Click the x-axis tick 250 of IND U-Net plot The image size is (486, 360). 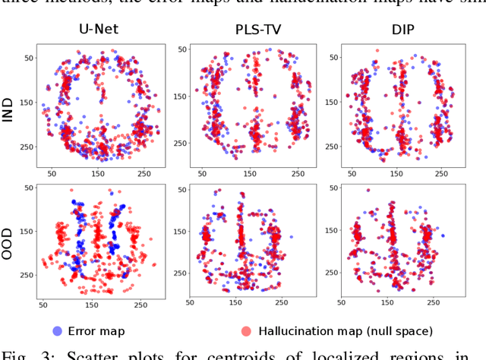pos(140,174)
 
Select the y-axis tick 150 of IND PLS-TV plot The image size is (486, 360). pos(180,96)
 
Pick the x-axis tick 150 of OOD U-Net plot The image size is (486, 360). pos(92,305)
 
